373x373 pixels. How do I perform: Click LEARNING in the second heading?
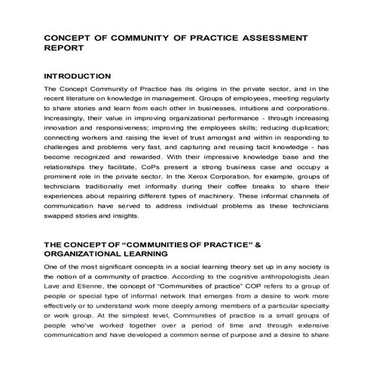tap(148, 255)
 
